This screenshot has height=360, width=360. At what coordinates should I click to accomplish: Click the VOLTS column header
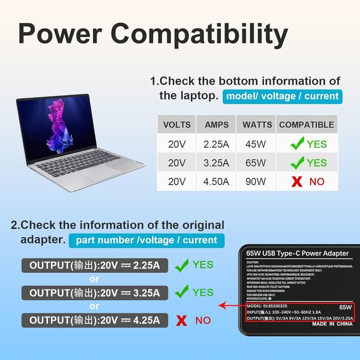coord(177,125)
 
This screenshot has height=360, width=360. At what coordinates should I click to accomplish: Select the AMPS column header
coord(217,125)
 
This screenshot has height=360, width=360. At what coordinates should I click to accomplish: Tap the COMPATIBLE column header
coord(306,125)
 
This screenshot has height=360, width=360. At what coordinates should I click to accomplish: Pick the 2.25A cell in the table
coord(217,144)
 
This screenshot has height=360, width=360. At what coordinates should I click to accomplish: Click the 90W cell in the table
coord(255,182)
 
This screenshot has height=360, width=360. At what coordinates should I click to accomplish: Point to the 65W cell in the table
coord(255,163)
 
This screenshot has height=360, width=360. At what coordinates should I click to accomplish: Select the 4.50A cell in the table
coord(217,182)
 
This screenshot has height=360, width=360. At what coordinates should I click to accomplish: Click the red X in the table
coord(298,182)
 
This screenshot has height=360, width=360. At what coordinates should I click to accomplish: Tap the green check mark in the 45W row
coord(298,144)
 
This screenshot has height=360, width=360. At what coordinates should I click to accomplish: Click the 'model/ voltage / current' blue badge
coord(282,96)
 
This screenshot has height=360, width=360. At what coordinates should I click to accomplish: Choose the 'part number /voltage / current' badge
coord(146,240)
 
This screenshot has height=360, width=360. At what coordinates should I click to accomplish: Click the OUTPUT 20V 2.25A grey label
coord(94,265)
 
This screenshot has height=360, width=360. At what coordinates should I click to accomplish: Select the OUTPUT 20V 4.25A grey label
coord(94,320)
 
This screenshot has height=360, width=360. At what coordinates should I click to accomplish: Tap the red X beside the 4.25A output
coord(182,321)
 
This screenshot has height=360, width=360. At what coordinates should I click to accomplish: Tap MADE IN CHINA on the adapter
coord(332,325)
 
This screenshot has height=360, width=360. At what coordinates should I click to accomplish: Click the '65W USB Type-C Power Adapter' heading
coord(297,254)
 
